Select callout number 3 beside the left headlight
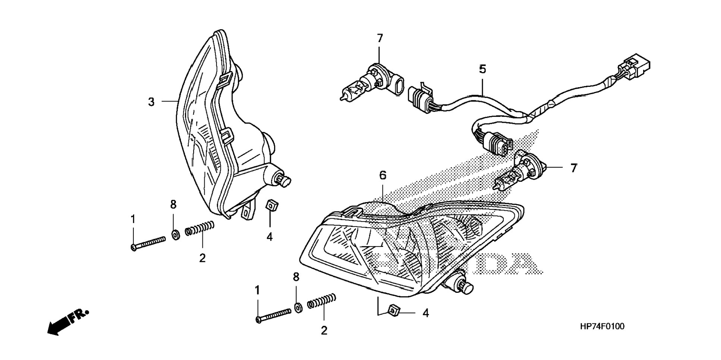tap(151, 102)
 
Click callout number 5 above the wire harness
tap(482, 69)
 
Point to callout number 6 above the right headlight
tap(383, 175)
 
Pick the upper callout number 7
tap(380, 38)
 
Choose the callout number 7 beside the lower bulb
tap(573, 168)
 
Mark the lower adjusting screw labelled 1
tap(274, 315)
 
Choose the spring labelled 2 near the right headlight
tap(322, 301)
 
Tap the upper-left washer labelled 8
tap(174, 235)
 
